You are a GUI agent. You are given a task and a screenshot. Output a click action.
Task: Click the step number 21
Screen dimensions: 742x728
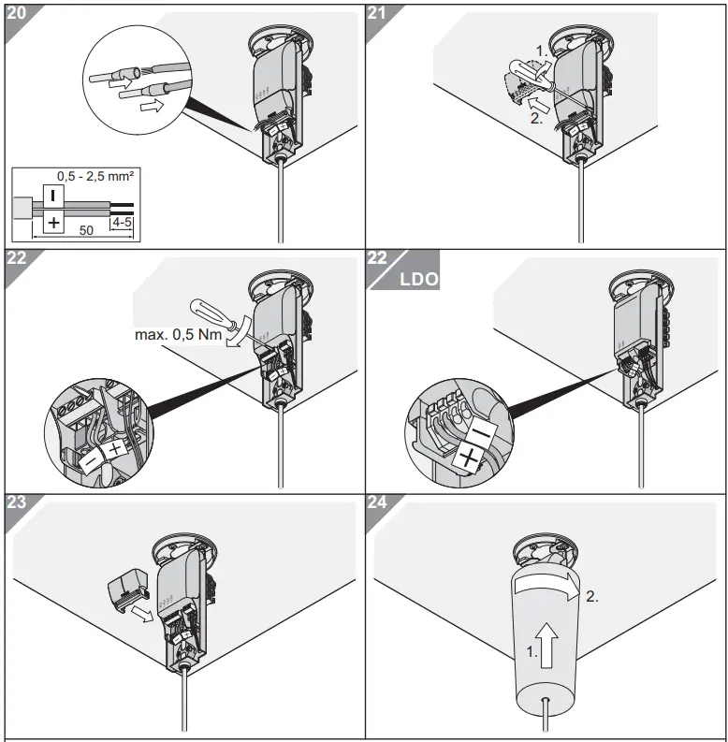point(378,13)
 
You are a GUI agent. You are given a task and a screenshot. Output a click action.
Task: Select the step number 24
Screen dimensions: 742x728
point(378,501)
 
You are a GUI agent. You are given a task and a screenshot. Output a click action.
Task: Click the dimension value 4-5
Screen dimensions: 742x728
point(121,223)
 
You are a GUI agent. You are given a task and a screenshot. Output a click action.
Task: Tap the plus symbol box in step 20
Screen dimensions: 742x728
point(54,223)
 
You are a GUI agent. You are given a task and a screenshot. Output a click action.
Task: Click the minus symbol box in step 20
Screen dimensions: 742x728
point(54,196)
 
